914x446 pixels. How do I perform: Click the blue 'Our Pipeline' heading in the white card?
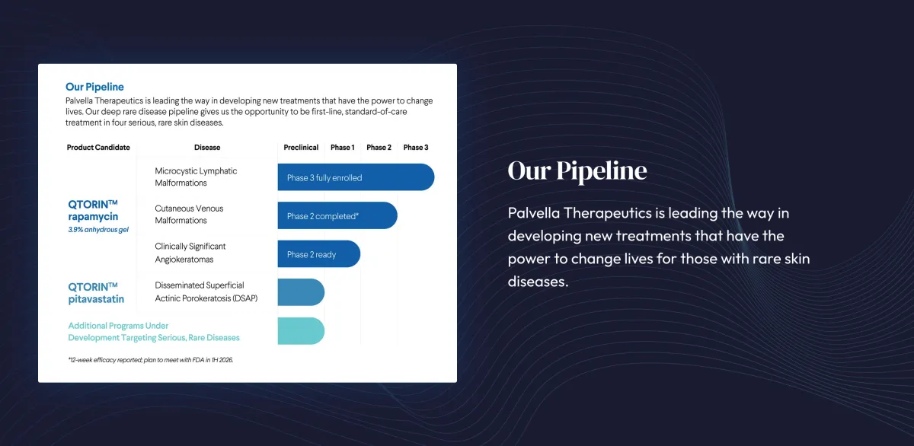pos(94,87)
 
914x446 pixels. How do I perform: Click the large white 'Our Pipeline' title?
pos(577,170)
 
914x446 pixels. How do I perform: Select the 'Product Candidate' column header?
pos(98,147)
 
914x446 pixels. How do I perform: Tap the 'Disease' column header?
pos(207,147)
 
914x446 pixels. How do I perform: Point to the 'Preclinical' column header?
pos(301,147)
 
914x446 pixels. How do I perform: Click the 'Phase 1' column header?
pos(342,147)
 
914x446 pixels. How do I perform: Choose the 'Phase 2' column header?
pos(379,147)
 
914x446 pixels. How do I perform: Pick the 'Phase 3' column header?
pos(416,147)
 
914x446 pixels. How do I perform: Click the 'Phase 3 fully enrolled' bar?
pos(355,177)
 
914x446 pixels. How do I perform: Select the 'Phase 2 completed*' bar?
pos(337,215)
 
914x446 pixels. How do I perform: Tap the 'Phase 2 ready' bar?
pos(318,254)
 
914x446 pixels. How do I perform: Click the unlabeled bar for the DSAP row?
pos(301,292)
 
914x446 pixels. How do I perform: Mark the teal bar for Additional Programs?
pos(301,331)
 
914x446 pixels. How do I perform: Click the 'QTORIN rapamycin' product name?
pos(93,210)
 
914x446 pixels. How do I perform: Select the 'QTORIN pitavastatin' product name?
pos(96,293)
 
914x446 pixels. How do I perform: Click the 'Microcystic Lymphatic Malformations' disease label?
pos(196,177)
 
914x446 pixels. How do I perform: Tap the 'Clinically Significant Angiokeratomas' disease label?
pos(190,253)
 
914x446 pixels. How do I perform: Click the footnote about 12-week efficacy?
pos(150,359)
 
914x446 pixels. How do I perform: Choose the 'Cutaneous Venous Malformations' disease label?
pos(189,215)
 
